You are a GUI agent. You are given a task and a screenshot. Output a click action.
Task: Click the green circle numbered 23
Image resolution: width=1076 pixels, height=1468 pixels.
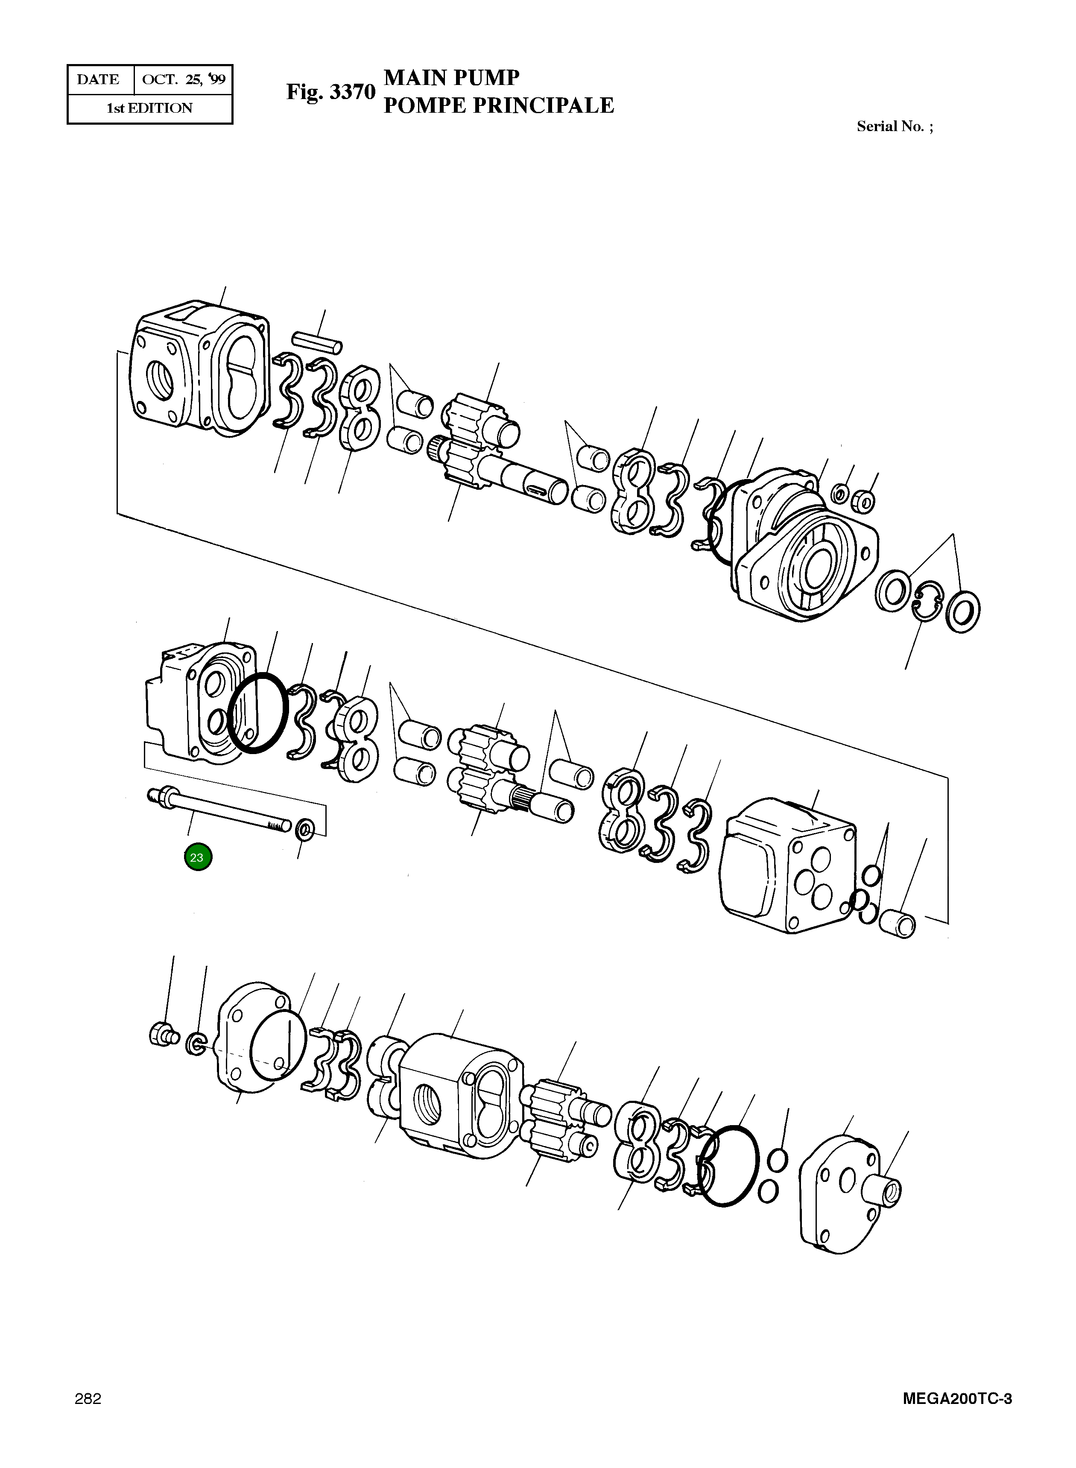coord(197,857)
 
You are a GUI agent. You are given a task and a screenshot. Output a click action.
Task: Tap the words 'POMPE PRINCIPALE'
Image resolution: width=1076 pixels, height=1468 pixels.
coord(498,105)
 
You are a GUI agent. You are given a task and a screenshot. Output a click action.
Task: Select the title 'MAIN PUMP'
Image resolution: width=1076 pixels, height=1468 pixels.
coord(451,78)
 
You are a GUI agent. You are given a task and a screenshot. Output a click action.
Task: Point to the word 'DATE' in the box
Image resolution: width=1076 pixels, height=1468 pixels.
coord(98,79)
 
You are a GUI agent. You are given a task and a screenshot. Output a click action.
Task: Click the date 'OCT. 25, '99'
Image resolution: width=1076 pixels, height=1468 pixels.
coord(184,79)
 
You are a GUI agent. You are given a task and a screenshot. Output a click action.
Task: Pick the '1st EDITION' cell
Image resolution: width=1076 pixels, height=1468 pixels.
coord(150,108)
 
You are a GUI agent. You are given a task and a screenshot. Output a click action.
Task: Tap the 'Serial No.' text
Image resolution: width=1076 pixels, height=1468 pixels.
coord(894,126)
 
